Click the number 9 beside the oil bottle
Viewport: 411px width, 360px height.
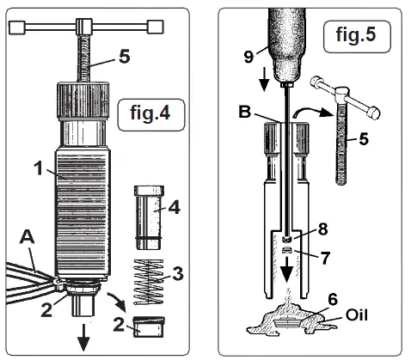click(249, 58)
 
